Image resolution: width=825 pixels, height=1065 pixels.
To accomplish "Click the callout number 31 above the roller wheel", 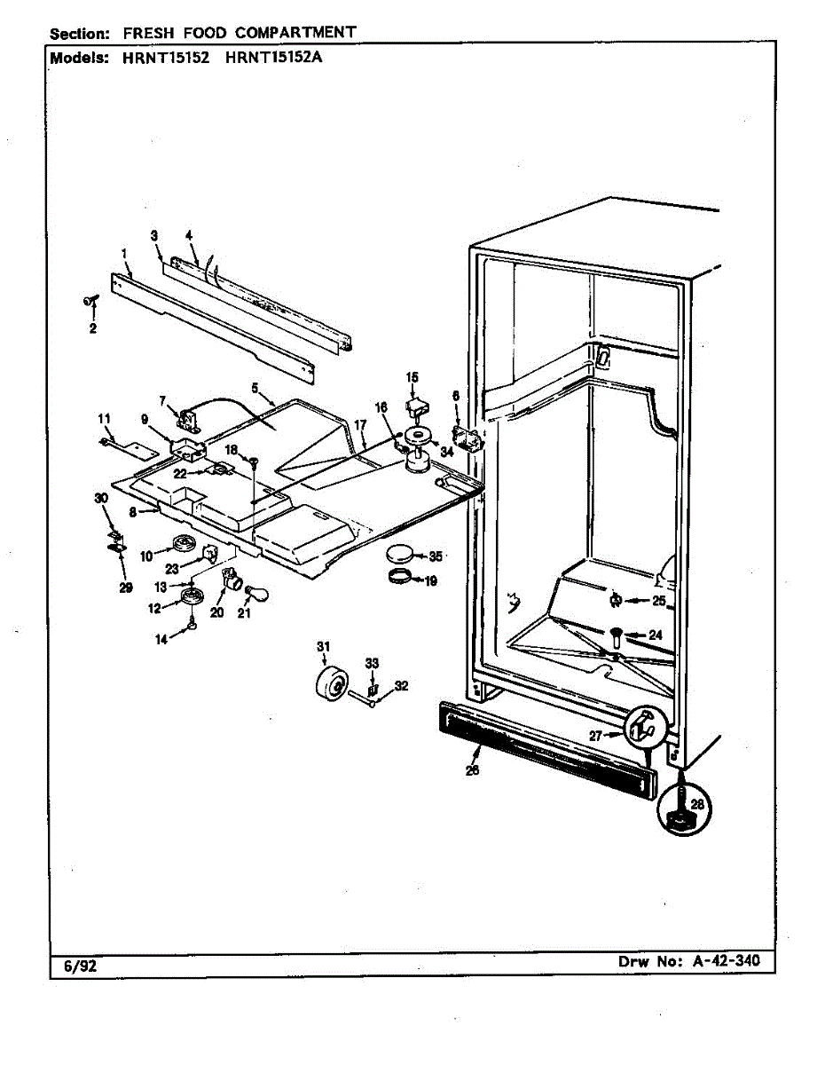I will tap(324, 646).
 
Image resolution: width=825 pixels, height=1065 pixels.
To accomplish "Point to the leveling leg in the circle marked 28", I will tap(679, 809).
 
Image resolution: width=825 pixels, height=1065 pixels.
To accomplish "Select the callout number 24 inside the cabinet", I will tap(656, 635).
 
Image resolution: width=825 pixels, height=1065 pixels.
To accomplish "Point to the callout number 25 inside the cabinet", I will tap(657, 601).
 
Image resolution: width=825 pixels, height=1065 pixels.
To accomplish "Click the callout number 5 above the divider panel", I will tap(255, 387).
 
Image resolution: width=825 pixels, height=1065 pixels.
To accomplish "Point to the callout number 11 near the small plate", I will tap(104, 417).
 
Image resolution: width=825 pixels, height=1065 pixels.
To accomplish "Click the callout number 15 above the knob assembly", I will tap(412, 377).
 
